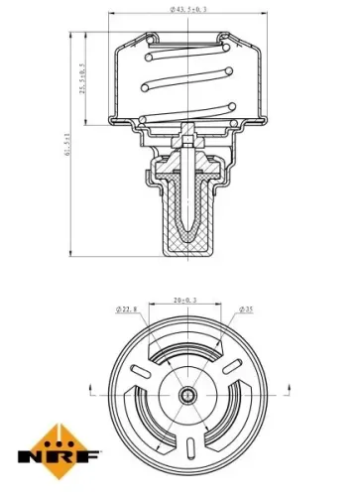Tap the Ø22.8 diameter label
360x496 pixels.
pos(127,310)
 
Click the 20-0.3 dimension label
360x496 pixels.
pos(184,300)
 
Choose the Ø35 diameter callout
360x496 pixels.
pos(245,310)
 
